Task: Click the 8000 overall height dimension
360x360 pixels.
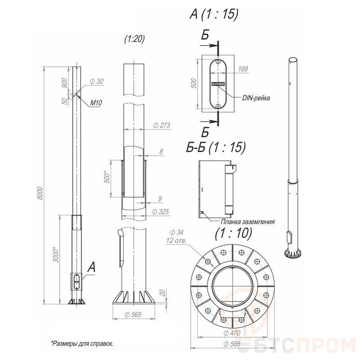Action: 40,193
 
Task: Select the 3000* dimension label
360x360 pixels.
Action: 56,255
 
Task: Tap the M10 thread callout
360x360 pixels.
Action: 96,103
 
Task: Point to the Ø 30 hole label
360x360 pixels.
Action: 96,81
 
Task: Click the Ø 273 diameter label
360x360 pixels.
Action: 162,125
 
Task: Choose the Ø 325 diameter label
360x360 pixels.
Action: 161,211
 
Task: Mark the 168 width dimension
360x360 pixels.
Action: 243,69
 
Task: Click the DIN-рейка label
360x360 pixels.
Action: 256,98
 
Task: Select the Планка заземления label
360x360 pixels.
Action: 247,222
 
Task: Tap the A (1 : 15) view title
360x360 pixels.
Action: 214,14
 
